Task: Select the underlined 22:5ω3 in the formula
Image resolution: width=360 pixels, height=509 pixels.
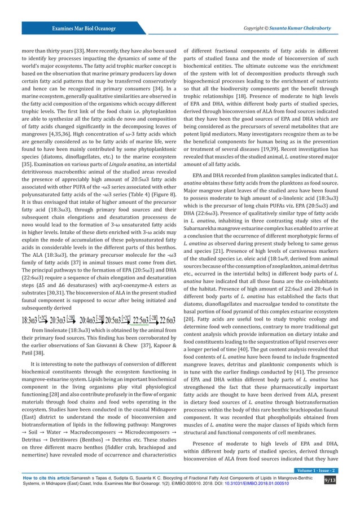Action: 131,305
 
